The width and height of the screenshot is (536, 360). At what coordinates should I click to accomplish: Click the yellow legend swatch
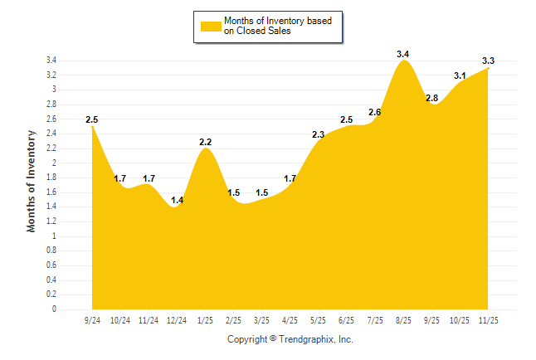(210, 26)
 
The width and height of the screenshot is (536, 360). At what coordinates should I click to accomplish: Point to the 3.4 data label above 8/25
(403, 55)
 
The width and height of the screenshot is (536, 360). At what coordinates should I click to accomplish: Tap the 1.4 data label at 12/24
(177, 200)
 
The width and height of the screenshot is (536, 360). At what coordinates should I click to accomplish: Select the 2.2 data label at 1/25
(206, 142)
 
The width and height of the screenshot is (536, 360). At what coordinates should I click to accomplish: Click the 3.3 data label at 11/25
(489, 61)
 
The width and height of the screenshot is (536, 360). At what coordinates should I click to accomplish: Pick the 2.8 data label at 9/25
(431, 98)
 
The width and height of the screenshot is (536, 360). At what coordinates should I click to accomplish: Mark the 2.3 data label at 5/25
(318, 134)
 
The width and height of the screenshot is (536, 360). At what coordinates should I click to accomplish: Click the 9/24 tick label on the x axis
(93, 320)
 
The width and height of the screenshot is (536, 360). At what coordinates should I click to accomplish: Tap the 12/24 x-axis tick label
(177, 320)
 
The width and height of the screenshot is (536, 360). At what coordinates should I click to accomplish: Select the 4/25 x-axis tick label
(290, 320)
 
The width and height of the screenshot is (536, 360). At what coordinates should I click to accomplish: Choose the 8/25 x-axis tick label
(403, 320)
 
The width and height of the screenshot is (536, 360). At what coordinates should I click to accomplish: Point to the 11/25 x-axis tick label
(489, 320)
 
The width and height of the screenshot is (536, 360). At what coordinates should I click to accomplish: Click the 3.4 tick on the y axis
(51, 61)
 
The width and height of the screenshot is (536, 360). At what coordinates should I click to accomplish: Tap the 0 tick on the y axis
(54, 309)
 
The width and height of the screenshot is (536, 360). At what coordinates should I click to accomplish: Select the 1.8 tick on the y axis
(51, 178)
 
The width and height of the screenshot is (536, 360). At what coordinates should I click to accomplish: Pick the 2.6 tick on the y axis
(51, 119)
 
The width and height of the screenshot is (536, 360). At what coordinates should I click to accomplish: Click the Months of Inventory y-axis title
(32, 181)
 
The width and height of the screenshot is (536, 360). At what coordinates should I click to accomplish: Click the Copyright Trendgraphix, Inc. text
(290, 339)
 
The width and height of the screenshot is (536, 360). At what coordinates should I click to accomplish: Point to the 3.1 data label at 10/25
(460, 75)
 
